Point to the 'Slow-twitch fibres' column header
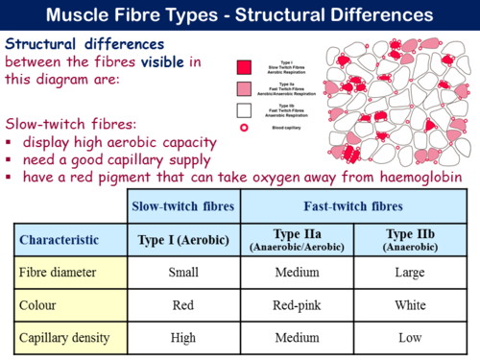pos(182,205)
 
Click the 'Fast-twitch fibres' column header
pos(355,205)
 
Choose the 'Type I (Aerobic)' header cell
pos(182,239)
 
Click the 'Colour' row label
pos(40,305)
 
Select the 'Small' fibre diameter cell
pos(182,272)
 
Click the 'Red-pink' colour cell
pos(297,305)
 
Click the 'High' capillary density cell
pos(182,338)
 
